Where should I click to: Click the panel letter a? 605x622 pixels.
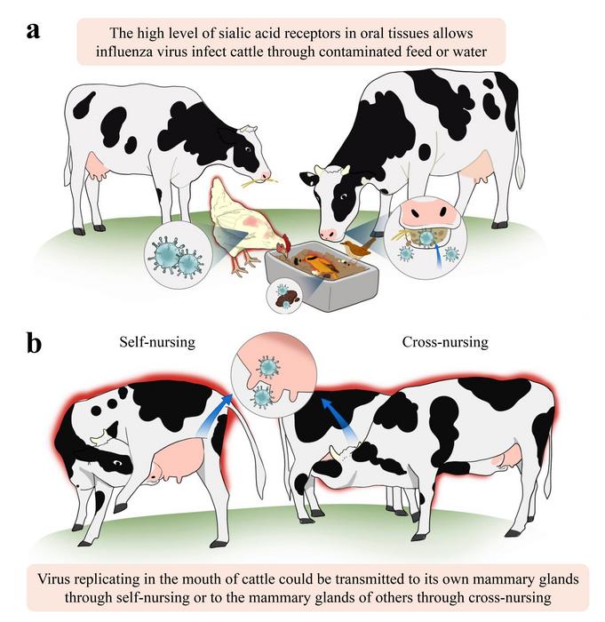[34, 29]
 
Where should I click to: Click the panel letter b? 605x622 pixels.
[35, 343]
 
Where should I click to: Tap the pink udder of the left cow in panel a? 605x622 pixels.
[98, 166]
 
